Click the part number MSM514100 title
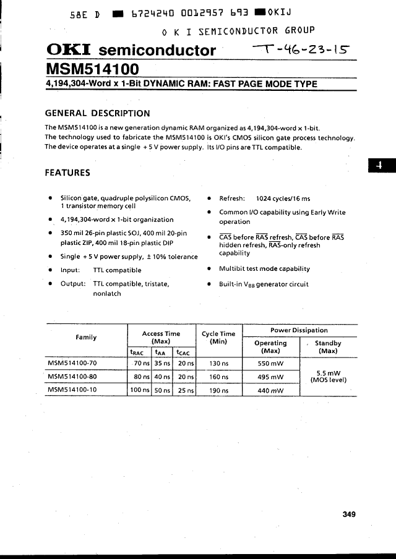(92, 68)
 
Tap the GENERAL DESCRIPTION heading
(97, 113)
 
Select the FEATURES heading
(67, 173)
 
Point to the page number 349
(349, 513)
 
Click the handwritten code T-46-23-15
(304, 49)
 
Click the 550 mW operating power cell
(270, 364)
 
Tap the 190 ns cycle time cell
(219, 391)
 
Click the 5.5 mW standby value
(328, 373)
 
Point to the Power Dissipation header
(299, 330)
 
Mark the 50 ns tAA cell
(163, 391)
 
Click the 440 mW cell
(270, 391)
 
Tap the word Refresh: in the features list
(232, 198)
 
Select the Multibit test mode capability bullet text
(264, 269)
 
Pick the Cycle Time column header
(219, 338)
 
